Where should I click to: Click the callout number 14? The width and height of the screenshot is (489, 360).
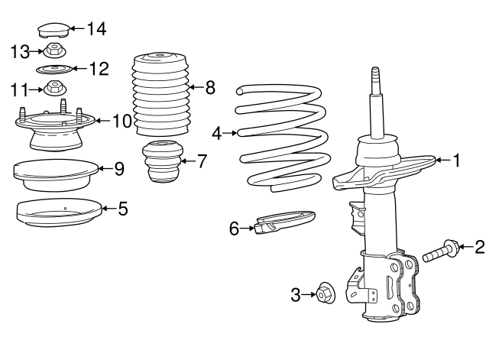click(96, 29)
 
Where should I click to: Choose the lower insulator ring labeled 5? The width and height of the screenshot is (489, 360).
click(59, 212)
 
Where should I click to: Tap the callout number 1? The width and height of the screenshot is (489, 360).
click(456, 161)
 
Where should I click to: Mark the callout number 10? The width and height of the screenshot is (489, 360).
click(122, 120)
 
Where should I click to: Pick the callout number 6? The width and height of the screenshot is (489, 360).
click(235, 227)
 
